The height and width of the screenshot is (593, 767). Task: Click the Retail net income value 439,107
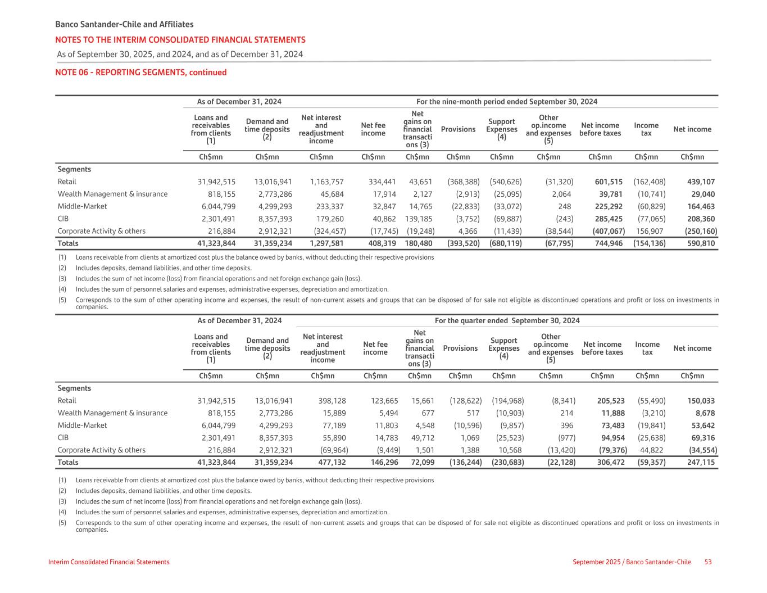(701, 182)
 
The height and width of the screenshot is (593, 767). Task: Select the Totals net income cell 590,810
(701, 243)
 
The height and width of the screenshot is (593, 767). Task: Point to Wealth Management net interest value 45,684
(330, 194)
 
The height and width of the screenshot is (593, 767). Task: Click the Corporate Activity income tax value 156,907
(650, 231)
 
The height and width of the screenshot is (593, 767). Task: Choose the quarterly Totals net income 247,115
(701, 462)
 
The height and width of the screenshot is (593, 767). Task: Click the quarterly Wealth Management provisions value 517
(473, 413)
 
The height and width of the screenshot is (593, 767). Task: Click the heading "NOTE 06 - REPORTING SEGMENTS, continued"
(140, 73)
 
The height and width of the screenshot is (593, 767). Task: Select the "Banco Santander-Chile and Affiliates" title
(124, 24)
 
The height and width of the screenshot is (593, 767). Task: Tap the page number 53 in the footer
(708, 562)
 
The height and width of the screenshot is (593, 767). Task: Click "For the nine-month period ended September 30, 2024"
(506, 102)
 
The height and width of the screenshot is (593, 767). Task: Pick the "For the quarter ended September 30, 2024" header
(507, 320)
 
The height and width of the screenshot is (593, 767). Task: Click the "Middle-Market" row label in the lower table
(82, 425)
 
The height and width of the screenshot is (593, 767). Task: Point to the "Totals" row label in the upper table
(68, 243)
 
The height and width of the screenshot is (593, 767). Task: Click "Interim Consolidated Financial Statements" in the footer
(108, 562)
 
